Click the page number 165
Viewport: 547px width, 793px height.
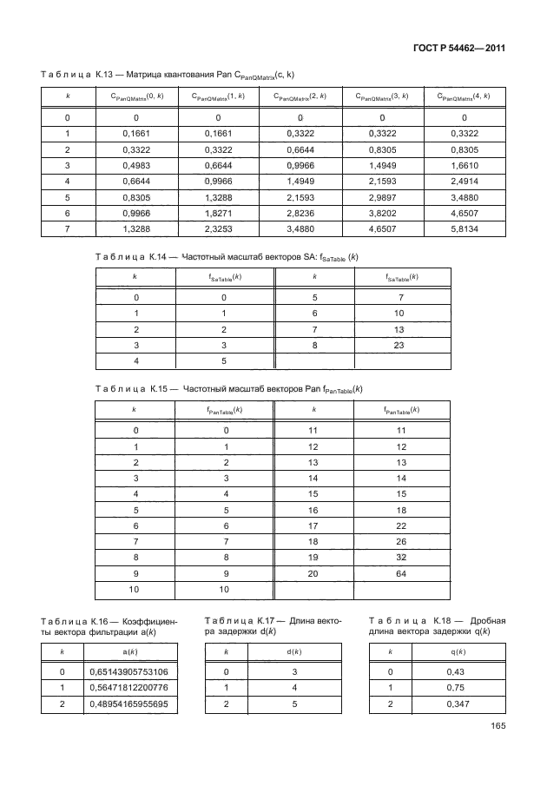[x=496, y=727]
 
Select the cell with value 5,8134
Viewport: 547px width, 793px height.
[x=465, y=228]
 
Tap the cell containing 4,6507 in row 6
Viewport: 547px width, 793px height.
[x=465, y=212]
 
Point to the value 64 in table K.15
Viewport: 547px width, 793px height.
[x=401, y=575]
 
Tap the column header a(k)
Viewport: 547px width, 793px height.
[x=129, y=651]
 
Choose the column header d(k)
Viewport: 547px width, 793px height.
[x=293, y=651]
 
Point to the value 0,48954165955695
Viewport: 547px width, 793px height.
[x=129, y=704]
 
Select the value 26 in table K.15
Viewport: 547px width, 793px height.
[x=401, y=542]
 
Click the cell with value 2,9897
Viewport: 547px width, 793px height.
[x=383, y=196]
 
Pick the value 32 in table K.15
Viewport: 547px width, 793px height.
[x=401, y=558]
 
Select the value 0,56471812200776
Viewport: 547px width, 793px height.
[x=129, y=689]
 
